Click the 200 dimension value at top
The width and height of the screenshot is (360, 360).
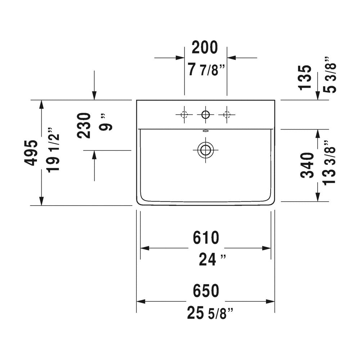point(204,48)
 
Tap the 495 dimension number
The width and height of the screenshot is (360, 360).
point(31,152)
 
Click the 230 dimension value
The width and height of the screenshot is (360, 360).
point(84,125)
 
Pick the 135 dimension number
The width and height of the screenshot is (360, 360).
point(305,78)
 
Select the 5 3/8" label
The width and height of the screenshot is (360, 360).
point(330,75)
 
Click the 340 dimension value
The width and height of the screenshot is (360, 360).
point(307,165)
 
